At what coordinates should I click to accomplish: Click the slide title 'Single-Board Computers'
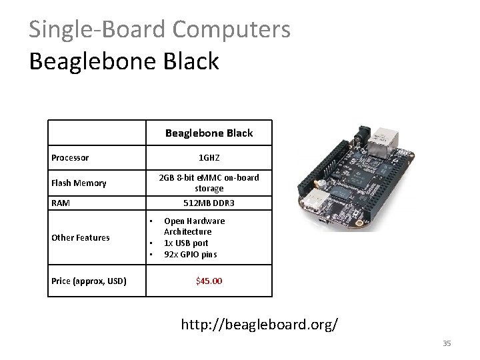[159, 29]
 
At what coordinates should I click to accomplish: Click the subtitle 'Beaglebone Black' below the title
[124, 61]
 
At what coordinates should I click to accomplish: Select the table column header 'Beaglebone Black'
[209, 133]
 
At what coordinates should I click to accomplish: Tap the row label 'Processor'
[70, 158]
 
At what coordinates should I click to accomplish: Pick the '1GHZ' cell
[209, 158]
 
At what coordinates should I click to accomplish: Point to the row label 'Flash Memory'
[79, 183]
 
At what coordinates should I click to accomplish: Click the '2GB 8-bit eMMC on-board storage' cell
[209, 183]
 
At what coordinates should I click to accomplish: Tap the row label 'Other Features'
[81, 237]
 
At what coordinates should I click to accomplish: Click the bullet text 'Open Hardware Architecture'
[194, 226]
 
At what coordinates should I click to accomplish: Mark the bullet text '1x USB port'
[186, 243]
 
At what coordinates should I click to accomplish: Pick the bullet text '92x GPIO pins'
[190, 254]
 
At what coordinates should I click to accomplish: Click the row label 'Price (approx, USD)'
[89, 281]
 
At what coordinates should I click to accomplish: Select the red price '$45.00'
[209, 281]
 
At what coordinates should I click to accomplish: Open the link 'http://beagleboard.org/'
[259, 325]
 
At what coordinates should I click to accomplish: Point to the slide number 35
[447, 343]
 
